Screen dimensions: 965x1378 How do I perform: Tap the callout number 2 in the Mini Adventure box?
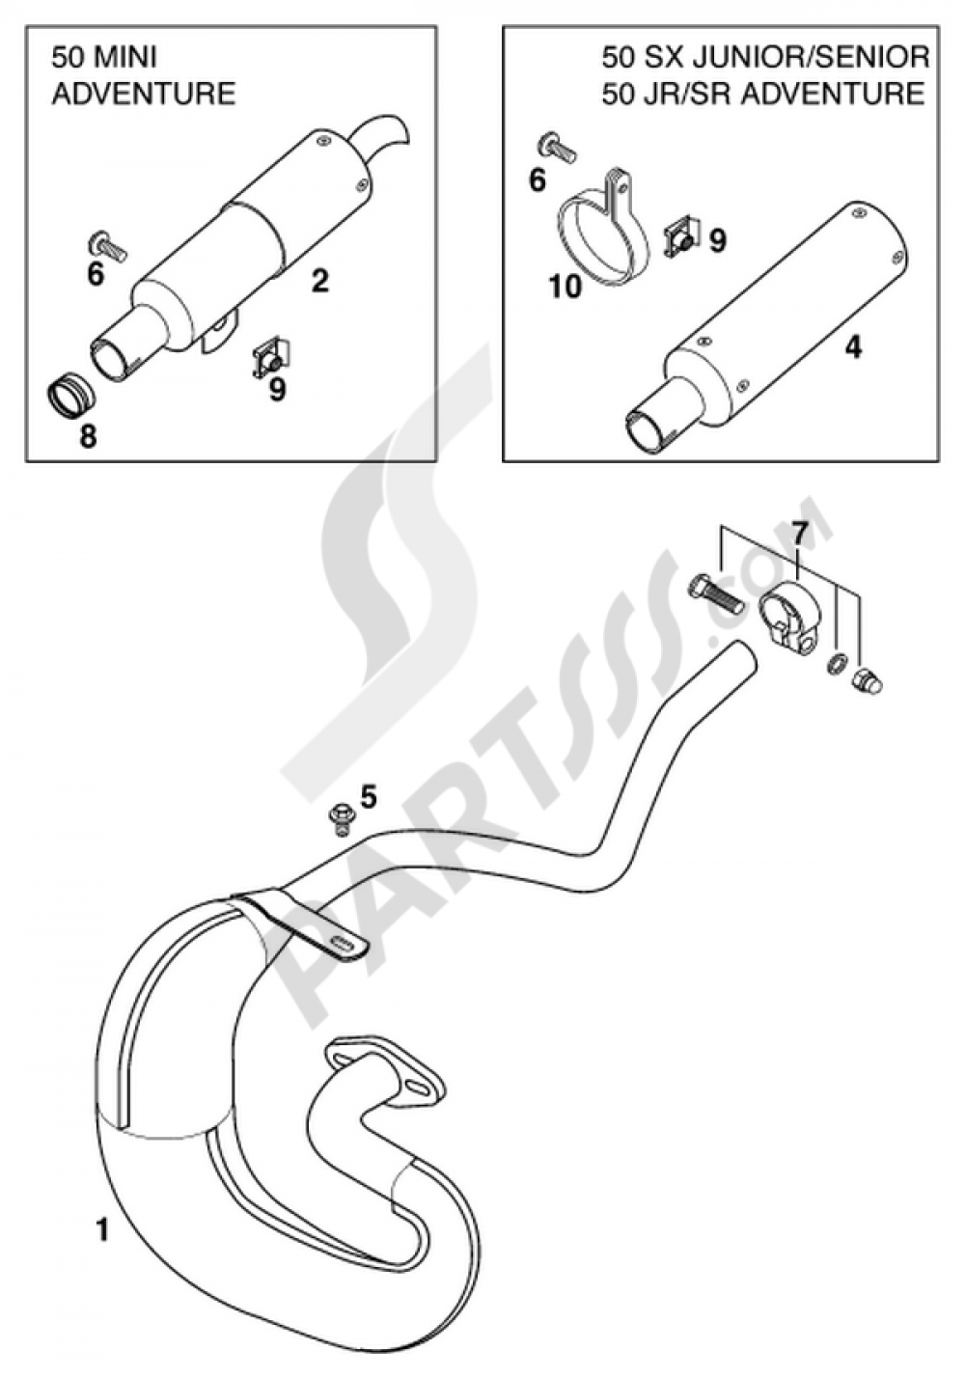tap(319, 281)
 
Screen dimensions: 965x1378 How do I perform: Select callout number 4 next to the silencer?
tap(853, 347)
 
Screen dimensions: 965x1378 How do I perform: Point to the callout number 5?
tap(368, 797)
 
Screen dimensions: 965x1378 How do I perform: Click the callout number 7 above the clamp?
tap(797, 534)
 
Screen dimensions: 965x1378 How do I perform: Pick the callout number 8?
tap(88, 436)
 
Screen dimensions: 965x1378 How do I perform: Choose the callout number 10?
tap(565, 286)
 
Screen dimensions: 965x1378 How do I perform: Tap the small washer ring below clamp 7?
tap(837, 664)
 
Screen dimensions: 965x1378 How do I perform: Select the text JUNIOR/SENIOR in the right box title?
tap(811, 58)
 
